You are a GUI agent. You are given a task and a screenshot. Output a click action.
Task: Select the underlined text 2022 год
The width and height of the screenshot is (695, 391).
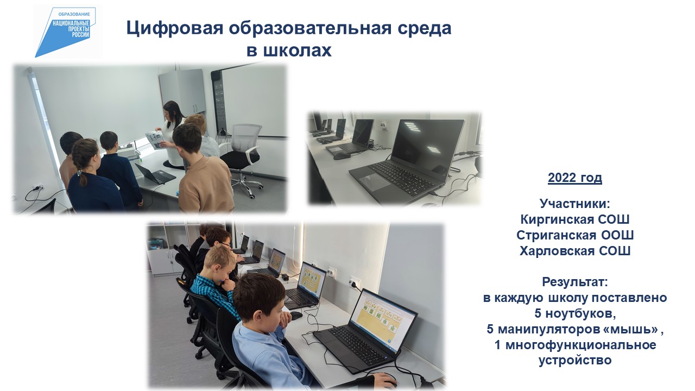[574, 178]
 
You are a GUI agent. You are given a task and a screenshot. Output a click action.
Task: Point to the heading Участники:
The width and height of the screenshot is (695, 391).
[574, 204]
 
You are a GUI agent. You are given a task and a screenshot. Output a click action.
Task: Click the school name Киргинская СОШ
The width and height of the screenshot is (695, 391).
[574, 219]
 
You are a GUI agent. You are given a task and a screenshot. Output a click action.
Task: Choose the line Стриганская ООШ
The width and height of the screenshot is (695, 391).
[574, 235]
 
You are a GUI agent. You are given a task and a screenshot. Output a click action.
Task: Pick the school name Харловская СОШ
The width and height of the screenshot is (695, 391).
[574, 251]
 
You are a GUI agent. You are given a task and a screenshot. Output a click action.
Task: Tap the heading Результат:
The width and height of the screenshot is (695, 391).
[574, 282]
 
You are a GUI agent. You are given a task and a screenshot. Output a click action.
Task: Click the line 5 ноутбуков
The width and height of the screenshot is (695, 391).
[574, 313]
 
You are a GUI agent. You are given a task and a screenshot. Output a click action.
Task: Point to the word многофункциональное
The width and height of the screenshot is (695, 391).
[580, 345]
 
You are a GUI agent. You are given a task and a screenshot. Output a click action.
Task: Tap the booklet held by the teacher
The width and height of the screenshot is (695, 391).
[155, 140]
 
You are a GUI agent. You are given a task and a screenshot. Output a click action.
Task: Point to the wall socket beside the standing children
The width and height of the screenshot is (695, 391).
[38, 187]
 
